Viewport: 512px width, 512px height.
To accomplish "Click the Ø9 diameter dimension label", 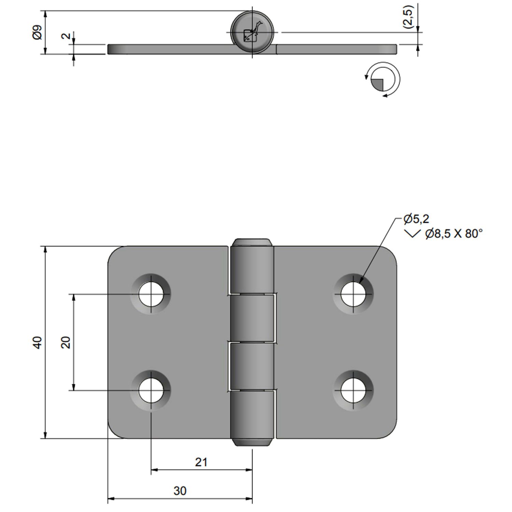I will tap(37, 32).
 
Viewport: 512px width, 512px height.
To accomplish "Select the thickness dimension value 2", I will tap(66, 35).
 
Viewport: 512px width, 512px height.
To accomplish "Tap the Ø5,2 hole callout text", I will tap(416, 219).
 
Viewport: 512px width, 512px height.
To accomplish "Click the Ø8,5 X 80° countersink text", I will tap(454, 234).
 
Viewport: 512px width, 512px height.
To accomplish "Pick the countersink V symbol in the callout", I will tap(412, 234).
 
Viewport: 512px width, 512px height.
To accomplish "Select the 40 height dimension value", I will tap(37, 342).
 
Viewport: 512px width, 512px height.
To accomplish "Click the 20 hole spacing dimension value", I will tap(66, 342).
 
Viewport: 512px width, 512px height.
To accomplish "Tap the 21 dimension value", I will tap(201, 462).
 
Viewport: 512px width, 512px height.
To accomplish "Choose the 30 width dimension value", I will tap(180, 491).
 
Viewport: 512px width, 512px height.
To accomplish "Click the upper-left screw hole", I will tap(151, 294).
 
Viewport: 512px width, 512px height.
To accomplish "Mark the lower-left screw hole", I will tap(151, 390).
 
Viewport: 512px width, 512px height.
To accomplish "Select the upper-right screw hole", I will tap(353, 294).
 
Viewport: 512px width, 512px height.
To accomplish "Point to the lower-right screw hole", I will tap(353, 390).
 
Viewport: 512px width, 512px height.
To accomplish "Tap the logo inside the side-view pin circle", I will tap(252, 32).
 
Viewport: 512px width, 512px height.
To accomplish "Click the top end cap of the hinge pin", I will tap(252, 242).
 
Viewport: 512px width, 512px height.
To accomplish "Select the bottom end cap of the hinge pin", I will tap(252, 442).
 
